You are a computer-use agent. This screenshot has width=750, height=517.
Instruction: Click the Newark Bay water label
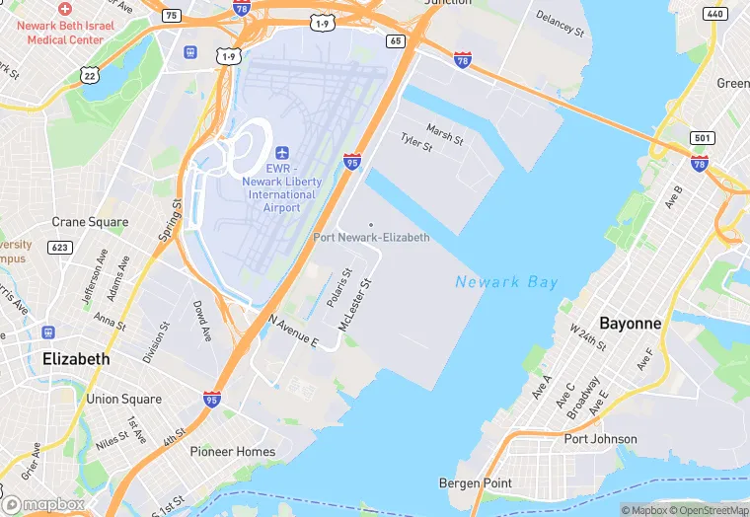pos(506,282)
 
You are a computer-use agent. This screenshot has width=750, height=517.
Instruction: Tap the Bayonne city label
pos(631,323)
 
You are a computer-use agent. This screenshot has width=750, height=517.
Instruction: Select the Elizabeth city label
pos(76,359)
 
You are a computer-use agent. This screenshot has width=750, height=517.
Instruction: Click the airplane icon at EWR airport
pos(282,153)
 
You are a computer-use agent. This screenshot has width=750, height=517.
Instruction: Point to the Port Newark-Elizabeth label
pos(371,238)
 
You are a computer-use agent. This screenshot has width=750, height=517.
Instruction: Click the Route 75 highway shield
pos(172,15)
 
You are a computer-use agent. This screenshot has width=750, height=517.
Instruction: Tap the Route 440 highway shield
pos(716,14)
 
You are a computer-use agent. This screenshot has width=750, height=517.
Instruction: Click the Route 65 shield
pos(396,40)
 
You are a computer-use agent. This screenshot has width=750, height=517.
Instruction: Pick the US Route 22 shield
pos(90,75)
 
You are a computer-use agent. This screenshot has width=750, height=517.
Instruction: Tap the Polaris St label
pos(338,286)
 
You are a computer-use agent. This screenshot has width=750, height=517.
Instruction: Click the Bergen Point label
pos(475,482)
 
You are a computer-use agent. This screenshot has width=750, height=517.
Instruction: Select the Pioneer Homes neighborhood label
pos(233,452)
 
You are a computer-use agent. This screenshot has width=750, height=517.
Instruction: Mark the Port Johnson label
pos(600,439)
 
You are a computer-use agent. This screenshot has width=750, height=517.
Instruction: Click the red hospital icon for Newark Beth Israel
pos(64,8)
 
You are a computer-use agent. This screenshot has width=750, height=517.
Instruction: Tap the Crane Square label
pos(90,222)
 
